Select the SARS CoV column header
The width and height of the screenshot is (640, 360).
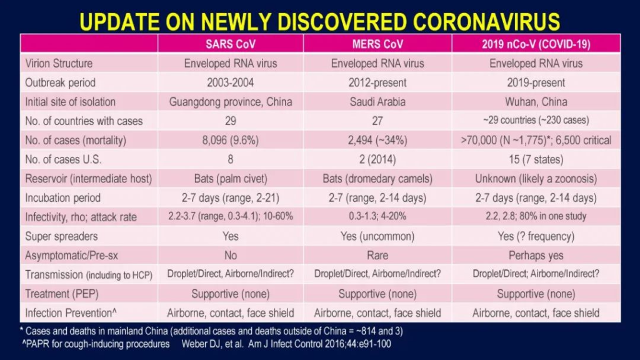(231, 44)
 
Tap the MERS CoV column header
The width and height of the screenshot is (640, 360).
(377, 44)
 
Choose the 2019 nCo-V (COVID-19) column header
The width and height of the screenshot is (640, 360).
(536, 44)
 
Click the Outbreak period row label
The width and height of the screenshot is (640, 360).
(61, 82)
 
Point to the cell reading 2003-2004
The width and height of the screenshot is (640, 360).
(230, 82)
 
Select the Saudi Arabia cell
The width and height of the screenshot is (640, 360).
(377, 102)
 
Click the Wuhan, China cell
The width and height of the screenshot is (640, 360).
(536, 102)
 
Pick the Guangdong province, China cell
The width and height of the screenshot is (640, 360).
(231, 102)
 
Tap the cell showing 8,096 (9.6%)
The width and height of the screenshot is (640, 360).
(230, 141)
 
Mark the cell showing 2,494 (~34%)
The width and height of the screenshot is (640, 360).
(377, 141)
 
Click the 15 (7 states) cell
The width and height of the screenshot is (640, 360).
(536, 159)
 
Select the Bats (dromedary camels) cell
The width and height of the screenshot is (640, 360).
(377, 178)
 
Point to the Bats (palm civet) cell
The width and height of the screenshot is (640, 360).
(231, 178)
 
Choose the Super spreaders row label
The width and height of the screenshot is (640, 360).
(61, 236)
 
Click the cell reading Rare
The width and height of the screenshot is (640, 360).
(377, 256)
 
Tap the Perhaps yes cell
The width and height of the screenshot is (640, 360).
(536, 256)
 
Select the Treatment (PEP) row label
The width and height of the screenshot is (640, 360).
(62, 294)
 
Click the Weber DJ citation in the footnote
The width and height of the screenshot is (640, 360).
(286, 344)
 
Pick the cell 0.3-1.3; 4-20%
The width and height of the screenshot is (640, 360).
(377, 216)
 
